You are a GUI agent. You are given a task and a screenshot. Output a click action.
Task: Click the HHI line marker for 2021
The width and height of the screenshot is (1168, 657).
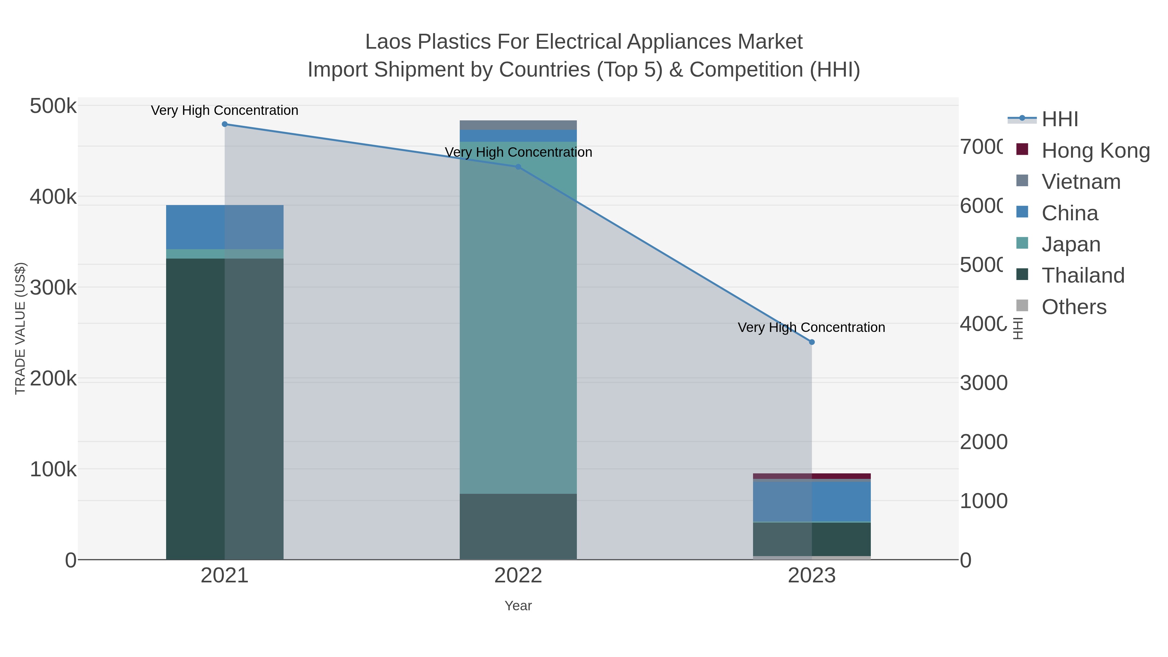(x=225, y=124)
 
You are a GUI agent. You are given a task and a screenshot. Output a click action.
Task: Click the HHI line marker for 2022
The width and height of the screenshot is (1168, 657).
(x=518, y=167)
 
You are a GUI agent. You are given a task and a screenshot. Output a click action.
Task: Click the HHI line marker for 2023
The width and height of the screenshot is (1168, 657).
(x=812, y=342)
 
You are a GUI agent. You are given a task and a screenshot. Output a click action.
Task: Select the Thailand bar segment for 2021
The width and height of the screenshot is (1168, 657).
(x=225, y=408)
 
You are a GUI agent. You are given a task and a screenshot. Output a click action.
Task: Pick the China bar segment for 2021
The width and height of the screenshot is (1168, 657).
(x=225, y=227)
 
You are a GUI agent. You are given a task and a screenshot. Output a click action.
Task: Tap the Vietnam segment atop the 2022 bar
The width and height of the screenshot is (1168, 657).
(x=518, y=125)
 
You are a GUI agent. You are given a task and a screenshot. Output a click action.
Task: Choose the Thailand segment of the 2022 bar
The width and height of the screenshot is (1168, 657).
(x=518, y=526)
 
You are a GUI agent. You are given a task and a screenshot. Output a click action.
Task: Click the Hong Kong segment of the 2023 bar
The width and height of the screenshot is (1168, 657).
(x=812, y=476)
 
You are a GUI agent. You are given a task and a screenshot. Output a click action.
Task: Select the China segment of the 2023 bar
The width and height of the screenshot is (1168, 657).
(x=812, y=501)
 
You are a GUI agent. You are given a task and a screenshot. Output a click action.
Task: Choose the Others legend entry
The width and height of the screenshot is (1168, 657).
(x=1073, y=307)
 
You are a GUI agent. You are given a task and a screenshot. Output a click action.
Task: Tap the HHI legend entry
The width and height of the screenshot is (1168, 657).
(x=1059, y=119)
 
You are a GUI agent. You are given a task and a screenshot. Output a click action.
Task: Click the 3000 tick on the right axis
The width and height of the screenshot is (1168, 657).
(x=983, y=383)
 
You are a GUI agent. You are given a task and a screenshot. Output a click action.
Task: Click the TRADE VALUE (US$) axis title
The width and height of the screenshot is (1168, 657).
(x=20, y=328)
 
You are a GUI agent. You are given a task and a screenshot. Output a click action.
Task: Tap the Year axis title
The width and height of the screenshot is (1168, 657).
(x=518, y=606)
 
